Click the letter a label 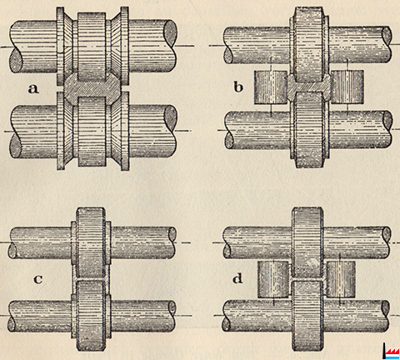click(33, 88)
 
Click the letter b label click(238, 87)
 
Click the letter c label click(38, 279)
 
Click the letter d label click(237, 277)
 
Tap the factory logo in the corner click(391, 351)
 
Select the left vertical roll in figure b click(271, 87)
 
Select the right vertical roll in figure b click(347, 87)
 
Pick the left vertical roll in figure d click(274, 279)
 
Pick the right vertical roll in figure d click(341, 279)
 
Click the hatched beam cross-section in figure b click(309, 87)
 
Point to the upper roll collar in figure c click(91, 242)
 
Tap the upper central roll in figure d click(307, 243)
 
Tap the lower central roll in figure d click(307, 316)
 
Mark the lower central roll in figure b click(309, 130)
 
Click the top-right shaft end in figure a click(170, 33)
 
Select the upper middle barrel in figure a click(92, 47)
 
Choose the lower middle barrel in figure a click(92, 132)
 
